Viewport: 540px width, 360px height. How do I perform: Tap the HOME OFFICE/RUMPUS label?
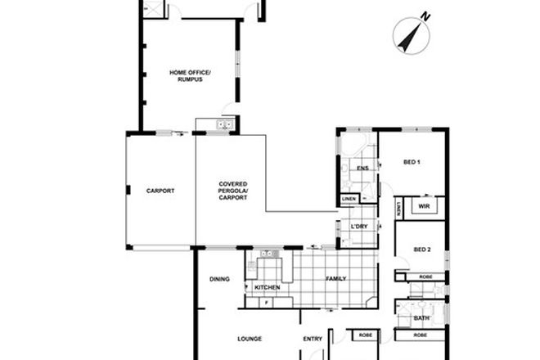pyautogui.click(x=190, y=76)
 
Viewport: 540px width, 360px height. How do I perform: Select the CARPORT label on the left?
pyautogui.click(x=160, y=191)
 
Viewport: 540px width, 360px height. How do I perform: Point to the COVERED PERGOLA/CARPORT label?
pyautogui.click(x=232, y=191)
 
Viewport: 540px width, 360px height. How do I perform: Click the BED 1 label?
pyautogui.click(x=412, y=162)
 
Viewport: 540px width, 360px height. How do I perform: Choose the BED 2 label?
pyautogui.click(x=421, y=250)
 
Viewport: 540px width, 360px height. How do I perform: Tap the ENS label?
pyautogui.click(x=362, y=169)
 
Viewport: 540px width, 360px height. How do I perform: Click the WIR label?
pyautogui.click(x=423, y=207)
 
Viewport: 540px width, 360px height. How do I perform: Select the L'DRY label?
pyautogui.click(x=358, y=225)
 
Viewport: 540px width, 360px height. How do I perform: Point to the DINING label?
pyautogui.click(x=219, y=279)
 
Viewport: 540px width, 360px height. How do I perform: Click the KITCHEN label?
pyautogui.click(x=268, y=288)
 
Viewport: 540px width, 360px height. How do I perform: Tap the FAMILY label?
pyautogui.click(x=336, y=279)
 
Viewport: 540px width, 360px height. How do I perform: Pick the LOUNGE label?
pyautogui.click(x=249, y=338)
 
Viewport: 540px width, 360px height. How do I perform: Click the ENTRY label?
pyautogui.click(x=313, y=338)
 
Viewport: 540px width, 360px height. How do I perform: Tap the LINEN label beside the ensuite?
pyautogui.click(x=349, y=199)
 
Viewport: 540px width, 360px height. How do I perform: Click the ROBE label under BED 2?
pyautogui.click(x=425, y=277)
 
